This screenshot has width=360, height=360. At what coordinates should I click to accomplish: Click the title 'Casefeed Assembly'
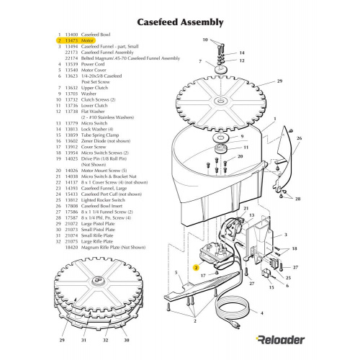[x=179, y=22]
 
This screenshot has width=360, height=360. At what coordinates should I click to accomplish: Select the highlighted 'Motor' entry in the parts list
[x=88, y=42]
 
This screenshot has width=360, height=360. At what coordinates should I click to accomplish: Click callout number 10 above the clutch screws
[x=204, y=40]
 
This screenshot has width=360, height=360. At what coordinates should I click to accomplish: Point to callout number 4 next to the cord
[x=261, y=313]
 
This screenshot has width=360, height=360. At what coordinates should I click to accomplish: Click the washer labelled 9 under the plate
[x=219, y=137]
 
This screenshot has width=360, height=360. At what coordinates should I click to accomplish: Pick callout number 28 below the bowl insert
[x=298, y=198]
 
